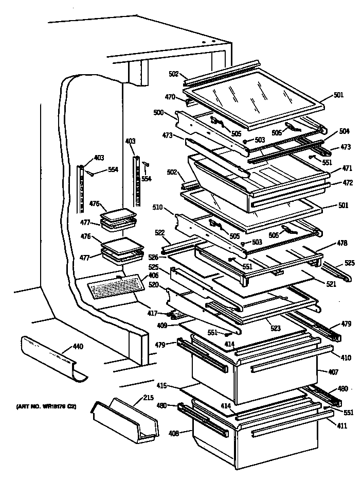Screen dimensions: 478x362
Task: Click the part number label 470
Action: pos(170,96)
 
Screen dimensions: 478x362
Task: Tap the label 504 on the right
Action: pos(344,131)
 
